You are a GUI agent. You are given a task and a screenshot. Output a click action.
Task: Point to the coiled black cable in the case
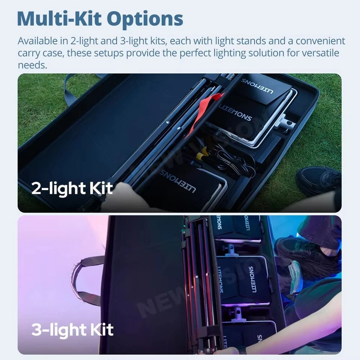coord(232,161)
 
